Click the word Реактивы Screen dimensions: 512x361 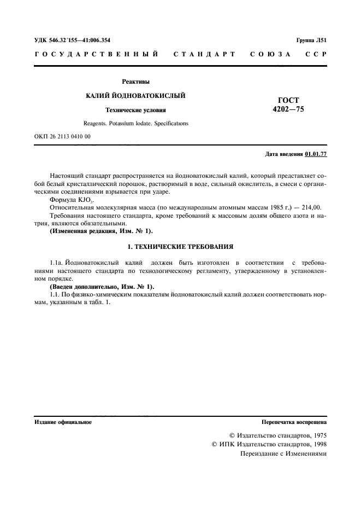pos(136,82)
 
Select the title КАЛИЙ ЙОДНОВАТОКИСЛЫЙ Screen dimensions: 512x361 pos(136,96)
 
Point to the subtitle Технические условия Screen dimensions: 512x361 pos(136,110)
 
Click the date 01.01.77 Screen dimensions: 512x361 pos(316,154)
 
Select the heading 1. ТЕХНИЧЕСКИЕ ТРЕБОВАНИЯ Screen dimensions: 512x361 pos(180,246)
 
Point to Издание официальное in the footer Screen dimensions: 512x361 pos(63,422)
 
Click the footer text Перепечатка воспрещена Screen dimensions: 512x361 pos(294,422)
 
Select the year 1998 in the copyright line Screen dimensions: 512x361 pos(317,445)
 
